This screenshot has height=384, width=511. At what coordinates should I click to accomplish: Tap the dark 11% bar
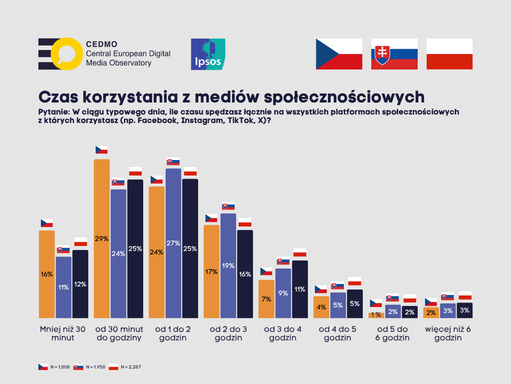pyautogui.click(x=300, y=289)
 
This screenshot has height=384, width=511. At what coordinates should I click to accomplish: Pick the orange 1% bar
pyautogui.click(x=376, y=315)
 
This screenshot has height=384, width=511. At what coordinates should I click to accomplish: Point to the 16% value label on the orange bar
pyautogui.click(x=47, y=274)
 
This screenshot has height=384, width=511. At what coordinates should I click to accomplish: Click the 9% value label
pyautogui.click(x=283, y=293)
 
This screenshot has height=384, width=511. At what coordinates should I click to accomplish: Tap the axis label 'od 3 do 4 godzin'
pyautogui.click(x=283, y=333)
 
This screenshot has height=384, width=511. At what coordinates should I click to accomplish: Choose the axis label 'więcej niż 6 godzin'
pyautogui.click(x=448, y=333)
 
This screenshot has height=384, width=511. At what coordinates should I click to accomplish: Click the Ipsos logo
pyautogui.click(x=208, y=54)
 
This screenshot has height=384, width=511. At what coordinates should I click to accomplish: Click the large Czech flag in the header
pyautogui.click(x=339, y=54)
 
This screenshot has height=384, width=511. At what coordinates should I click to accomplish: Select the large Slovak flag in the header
pyautogui.click(x=394, y=54)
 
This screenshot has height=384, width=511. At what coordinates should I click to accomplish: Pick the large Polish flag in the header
pyautogui.click(x=449, y=54)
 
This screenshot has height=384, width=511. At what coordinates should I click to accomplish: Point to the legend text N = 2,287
pyautogui.click(x=131, y=367)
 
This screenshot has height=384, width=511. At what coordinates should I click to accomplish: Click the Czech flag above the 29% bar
pyautogui.click(x=102, y=149)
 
